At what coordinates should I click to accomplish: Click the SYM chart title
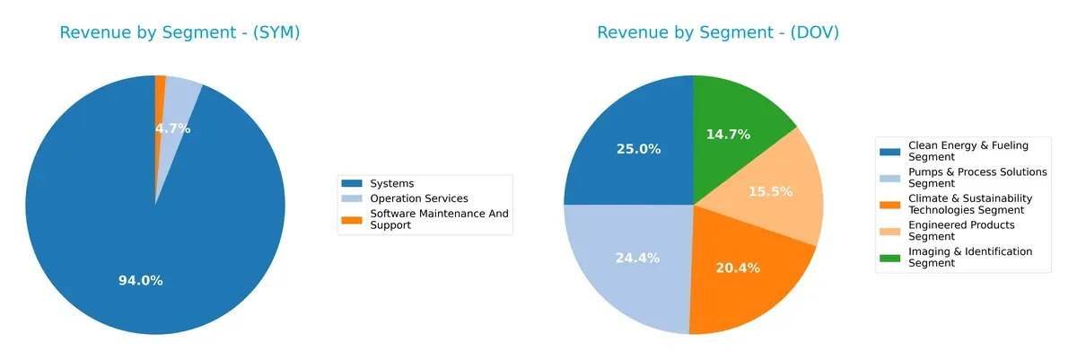pyautogui.click(x=179, y=33)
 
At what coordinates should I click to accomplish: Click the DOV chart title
pyautogui.click(x=718, y=33)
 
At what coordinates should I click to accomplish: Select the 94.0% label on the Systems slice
pyautogui.click(x=141, y=281)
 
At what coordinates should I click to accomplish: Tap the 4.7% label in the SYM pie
pyautogui.click(x=172, y=128)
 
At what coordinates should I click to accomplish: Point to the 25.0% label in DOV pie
pyautogui.click(x=638, y=149)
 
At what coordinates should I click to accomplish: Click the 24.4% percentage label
pyautogui.click(x=637, y=258)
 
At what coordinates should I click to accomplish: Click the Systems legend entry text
pyautogui.click(x=392, y=184)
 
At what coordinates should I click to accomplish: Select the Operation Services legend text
pyautogui.click(x=419, y=198)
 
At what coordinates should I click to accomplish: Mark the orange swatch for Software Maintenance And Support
pyautogui.click(x=353, y=219)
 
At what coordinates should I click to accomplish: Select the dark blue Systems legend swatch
pyautogui.click(x=353, y=184)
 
